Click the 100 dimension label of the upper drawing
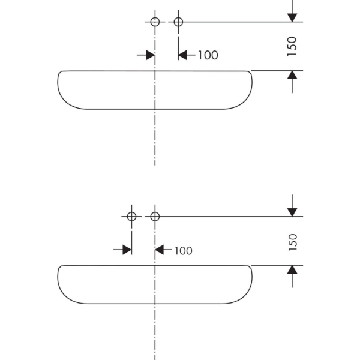208,55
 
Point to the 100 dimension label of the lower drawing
184,250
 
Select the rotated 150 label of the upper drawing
292,46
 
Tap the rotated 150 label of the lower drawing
293,242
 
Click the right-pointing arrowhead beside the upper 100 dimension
151,55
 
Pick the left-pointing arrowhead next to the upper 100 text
183,55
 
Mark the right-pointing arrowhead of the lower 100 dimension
127,250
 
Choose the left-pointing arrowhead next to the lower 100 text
159,250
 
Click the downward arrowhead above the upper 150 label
292,17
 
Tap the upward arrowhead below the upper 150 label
292,75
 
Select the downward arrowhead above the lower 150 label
292,212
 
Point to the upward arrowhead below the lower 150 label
292,269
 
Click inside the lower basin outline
115,284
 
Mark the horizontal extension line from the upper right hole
241,22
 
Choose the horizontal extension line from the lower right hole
229,217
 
